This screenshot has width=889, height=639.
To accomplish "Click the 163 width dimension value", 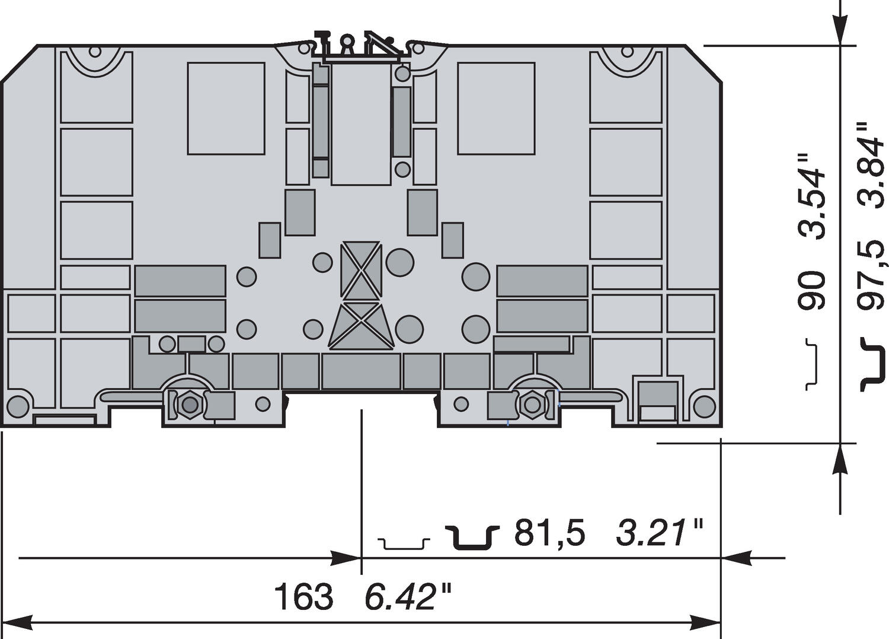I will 303,597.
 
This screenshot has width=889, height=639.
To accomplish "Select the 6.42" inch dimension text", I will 408,597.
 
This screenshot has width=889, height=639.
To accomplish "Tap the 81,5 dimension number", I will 549,532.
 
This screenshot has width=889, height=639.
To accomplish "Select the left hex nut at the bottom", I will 190,405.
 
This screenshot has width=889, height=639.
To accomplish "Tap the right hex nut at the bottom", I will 532,405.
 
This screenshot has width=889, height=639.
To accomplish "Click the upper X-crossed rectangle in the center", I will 360,270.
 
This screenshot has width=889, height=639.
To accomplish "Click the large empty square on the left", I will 226,109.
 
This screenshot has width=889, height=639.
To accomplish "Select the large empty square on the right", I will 496,109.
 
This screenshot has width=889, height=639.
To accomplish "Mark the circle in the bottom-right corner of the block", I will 704,406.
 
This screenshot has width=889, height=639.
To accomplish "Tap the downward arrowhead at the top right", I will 840,30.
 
